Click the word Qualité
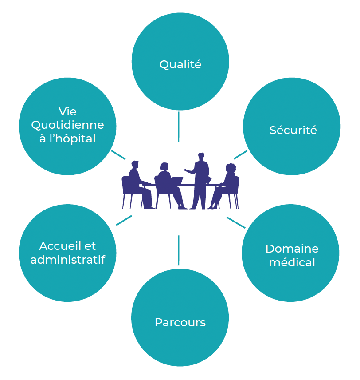click(180, 65)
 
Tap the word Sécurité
click(293, 130)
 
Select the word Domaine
click(292, 249)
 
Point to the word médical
click(292, 262)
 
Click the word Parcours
click(180, 322)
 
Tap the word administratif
click(67, 260)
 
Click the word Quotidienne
click(67, 125)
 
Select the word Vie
click(67, 111)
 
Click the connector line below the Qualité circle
click(178, 127)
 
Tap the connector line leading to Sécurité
click(240, 154)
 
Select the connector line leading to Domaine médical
click(236, 222)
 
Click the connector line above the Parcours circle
click(178, 250)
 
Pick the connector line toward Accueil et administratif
click(124, 220)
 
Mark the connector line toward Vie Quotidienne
click(118, 155)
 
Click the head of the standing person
click(201, 157)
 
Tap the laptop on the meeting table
click(177, 180)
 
